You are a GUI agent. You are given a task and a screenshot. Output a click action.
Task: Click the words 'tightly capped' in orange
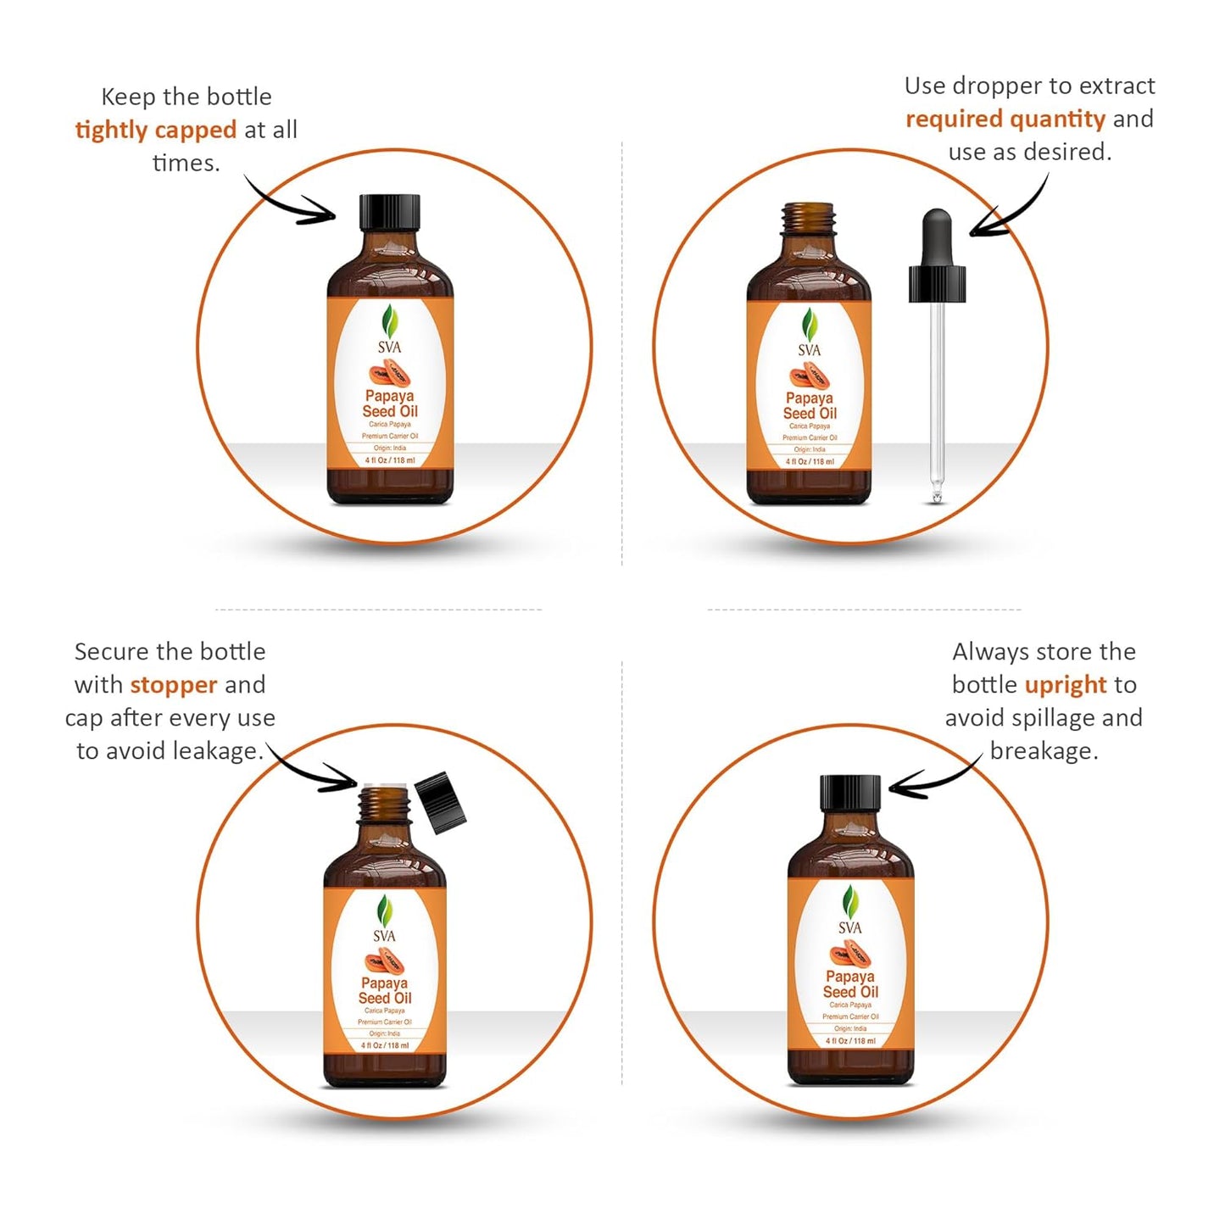click(x=155, y=130)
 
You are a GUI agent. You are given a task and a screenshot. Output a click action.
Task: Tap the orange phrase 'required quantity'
click(x=1005, y=119)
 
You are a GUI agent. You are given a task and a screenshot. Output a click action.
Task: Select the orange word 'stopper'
click(x=174, y=684)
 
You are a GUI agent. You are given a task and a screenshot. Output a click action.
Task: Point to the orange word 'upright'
click(x=1066, y=684)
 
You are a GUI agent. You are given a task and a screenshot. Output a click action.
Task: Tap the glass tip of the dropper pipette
click(x=936, y=493)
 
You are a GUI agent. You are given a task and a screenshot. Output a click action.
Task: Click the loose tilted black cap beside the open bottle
click(x=442, y=801)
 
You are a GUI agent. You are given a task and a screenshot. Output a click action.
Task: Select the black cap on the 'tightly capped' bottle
click(x=390, y=212)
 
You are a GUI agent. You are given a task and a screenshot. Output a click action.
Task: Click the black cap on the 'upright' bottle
click(x=850, y=793)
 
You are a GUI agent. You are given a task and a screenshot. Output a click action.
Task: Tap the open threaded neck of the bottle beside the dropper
click(x=809, y=219)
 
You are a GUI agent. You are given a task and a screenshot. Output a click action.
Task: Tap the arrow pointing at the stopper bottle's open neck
click(x=314, y=769)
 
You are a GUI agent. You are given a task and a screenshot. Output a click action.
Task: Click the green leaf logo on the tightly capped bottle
click(x=390, y=321)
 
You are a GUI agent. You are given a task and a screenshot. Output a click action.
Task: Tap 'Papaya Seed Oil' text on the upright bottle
click(x=850, y=983)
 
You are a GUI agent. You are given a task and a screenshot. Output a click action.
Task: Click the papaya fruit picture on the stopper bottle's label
click(x=385, y=961)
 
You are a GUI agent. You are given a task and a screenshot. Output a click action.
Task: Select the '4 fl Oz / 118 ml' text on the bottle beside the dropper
click(x=810, y=462)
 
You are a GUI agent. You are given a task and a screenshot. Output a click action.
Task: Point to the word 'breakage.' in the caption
click(x=1044, y=751)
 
